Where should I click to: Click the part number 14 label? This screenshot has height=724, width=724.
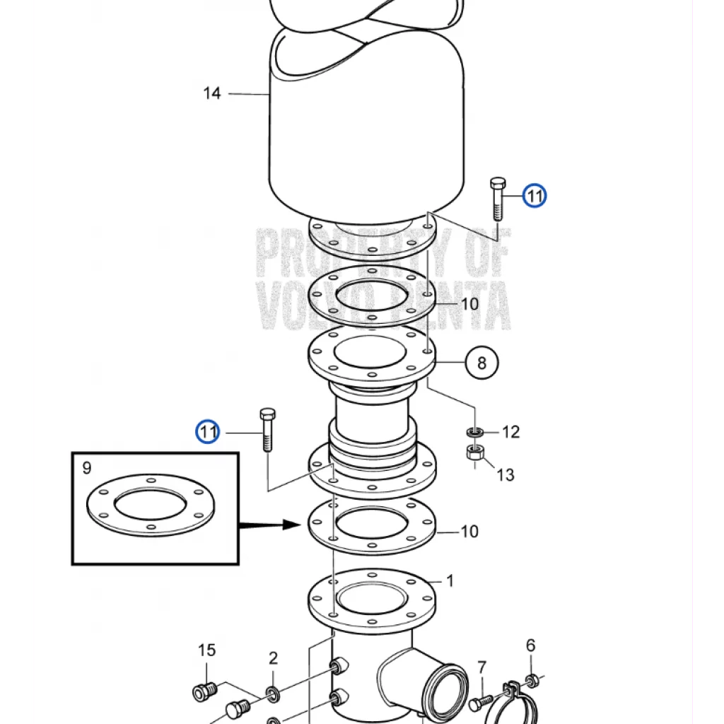(x=212, y=93)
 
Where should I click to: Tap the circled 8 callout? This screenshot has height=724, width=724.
(x=481, y=363)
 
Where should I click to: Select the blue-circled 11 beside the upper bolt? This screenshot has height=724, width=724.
(x=535, y=196)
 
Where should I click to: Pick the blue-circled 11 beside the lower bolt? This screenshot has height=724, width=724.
(x=208, y=432)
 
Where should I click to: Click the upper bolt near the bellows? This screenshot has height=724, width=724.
(x=497, y=199)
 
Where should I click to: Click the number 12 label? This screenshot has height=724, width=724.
(x=510, y=432)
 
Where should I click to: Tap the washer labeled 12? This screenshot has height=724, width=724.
(x=474, y=433)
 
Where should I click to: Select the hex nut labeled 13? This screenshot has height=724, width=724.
(x=475, y=452)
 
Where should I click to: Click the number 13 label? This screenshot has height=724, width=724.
(x=505, y=474)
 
